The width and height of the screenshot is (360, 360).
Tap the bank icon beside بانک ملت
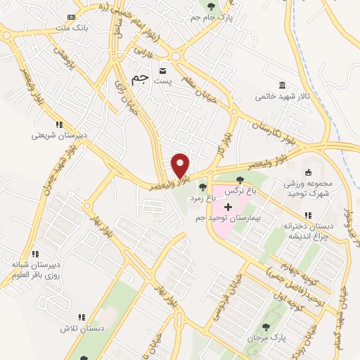(x=70, y=17)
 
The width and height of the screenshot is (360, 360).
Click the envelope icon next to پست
(x=163, y=72)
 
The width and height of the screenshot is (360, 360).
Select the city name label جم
(x=141, y=77)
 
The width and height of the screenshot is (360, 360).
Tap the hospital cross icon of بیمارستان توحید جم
(x=227, y=207)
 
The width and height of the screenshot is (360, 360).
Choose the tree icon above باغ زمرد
(x=203, y=187)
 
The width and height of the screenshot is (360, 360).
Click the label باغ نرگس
(x=238, y=191)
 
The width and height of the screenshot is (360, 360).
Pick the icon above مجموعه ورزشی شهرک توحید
(x=308, y=172)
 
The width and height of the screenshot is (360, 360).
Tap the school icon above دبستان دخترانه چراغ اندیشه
(x=307, y=215)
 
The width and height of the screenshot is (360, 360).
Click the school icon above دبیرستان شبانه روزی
(x=34, y=253)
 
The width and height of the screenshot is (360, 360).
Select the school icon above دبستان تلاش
(x=81, y=317)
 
